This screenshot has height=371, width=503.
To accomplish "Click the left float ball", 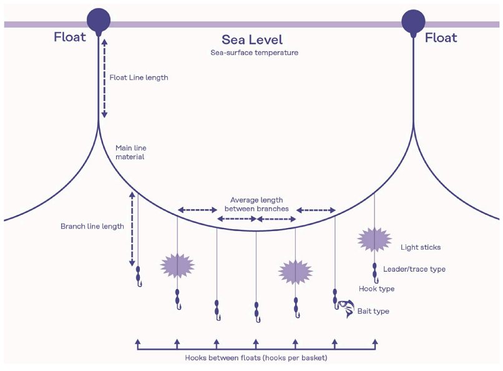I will click(x=98, y=20).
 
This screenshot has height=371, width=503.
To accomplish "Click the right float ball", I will click(x=413, y=20).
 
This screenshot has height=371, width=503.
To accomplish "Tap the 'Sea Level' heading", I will click(x=251, y=40).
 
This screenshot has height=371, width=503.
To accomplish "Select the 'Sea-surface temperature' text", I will click(x=254, y=53).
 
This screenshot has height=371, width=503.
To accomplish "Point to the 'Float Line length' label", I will click(x=139, y=78).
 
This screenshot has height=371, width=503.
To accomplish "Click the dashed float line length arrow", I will click(x=104, y=78).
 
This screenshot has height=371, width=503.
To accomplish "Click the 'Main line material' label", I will click(x=130, y=152).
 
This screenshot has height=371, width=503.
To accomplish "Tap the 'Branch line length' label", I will click(x=92, y=226).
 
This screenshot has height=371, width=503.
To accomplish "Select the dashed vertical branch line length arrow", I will click(x=132, y=228).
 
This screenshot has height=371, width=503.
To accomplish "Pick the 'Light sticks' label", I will click(x=420, y=247).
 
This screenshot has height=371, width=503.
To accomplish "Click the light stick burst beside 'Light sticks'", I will click(x=374, y=240).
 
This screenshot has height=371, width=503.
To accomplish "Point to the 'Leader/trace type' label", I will click(x=414, y=269).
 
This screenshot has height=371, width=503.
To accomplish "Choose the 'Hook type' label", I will click(x=376, y=289).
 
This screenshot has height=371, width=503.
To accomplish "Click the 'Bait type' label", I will click(x=373, y=311).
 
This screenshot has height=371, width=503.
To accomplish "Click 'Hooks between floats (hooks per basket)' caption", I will click(x=256, y=358).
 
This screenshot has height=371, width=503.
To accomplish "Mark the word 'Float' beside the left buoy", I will click(x=69, y=37).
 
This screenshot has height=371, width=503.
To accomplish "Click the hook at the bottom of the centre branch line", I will click(x=256, y=318).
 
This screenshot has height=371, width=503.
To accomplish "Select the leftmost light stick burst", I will click(x=177, y=265).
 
